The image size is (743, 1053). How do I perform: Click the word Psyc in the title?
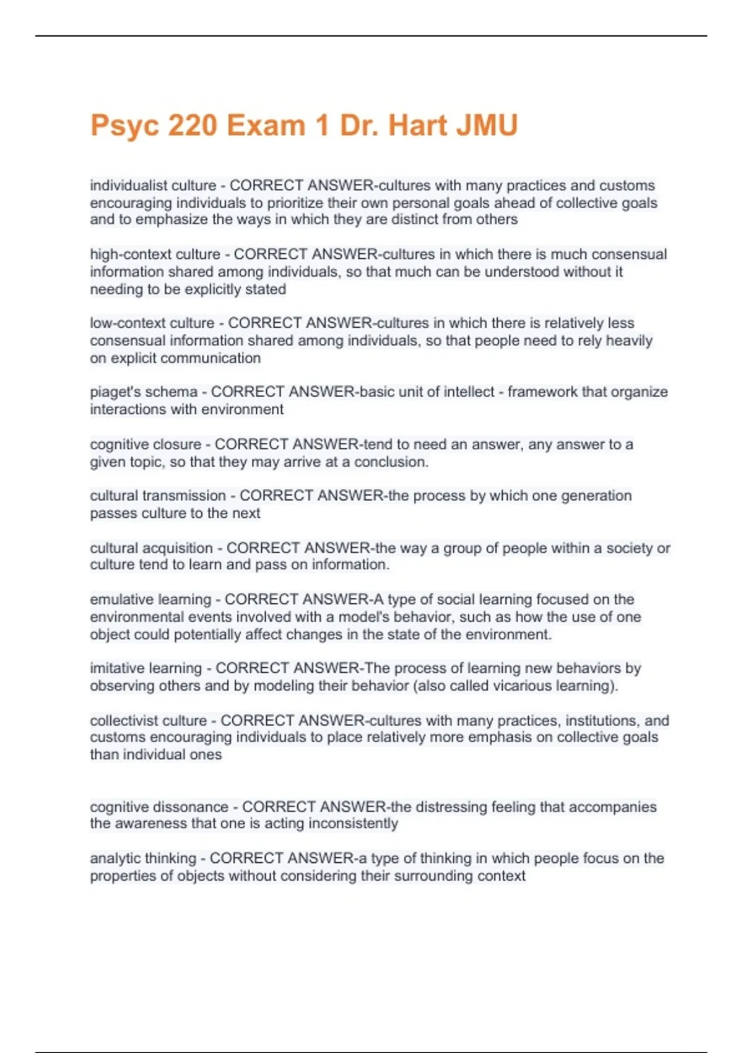tap(124, 126)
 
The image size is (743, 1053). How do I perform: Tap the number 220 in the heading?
tap(192, 126)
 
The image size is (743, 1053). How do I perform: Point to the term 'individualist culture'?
tap(153, 186)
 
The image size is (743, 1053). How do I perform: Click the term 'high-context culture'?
tap(155, 255)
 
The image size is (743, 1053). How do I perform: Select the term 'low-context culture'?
tap(152, 323)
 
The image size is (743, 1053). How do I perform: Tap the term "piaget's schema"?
tap(144, 392)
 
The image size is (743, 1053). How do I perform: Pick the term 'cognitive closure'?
tap(146, 445)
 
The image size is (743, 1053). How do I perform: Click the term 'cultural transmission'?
tap(158, 496)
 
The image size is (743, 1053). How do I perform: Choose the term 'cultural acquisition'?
tap(151, 548)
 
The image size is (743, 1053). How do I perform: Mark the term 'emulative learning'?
tap(150, 600)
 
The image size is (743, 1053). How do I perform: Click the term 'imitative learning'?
tap(146, 668)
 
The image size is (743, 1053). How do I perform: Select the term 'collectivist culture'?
tap(149, 721)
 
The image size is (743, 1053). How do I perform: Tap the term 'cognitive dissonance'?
tap(159, 807)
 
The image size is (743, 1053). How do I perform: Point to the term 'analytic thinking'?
tap(143, 859)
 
